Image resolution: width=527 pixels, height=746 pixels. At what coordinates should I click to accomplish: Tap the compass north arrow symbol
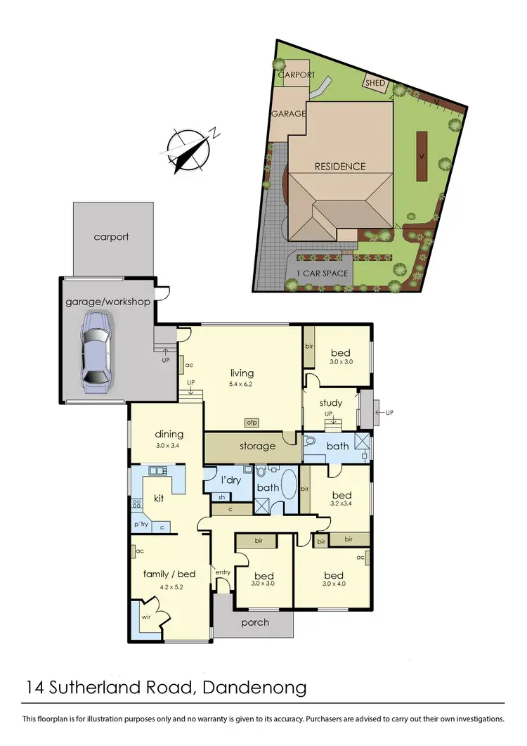190,149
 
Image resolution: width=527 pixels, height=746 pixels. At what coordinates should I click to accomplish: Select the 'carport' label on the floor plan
112,237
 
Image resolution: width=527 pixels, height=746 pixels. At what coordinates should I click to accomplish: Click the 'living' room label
242,373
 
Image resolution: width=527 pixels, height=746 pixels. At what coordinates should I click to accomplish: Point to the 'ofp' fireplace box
252,423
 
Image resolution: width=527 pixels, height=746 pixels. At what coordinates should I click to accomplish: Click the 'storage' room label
257,446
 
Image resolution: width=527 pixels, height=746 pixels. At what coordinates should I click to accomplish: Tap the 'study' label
330,403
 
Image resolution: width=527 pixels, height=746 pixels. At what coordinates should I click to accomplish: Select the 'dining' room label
169,434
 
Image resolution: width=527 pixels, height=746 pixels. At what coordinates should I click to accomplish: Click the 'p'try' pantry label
141,525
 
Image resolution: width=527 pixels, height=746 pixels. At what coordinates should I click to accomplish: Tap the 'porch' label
255,622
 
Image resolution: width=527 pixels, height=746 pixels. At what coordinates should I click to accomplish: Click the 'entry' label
223,572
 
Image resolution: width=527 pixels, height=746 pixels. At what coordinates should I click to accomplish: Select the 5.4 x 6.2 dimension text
242,385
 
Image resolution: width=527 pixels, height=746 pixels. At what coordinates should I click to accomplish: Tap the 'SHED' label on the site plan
374,83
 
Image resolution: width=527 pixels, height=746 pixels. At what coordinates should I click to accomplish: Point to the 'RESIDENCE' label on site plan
340,167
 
